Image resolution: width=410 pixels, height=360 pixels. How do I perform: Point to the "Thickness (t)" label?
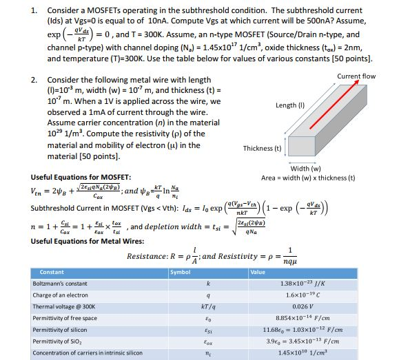click(x=263, y=148)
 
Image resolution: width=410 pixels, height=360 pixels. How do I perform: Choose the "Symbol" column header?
click(x=181, y=271)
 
